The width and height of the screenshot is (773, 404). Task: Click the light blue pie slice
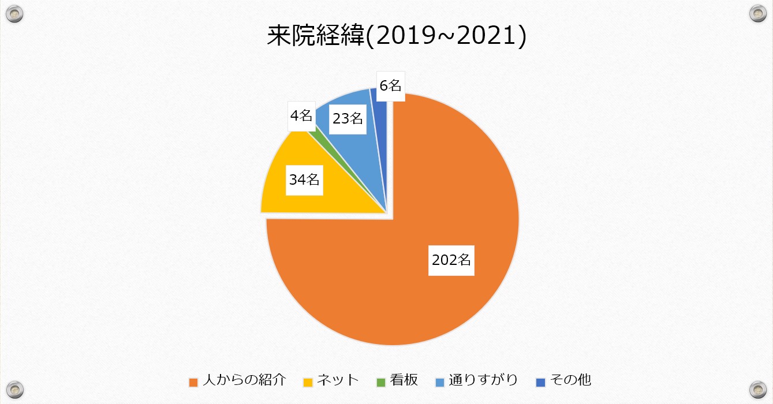(x=369, y=144)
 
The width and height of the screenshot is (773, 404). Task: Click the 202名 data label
(x=451, y=260)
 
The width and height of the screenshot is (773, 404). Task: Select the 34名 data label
(x=304, y=179)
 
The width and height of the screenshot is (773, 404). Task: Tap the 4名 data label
(x=301, y=115)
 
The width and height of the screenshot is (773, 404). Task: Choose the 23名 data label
(x=348, y=119)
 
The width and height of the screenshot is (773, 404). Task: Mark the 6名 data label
(x=390, y=85)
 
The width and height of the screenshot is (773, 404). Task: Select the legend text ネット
(x=338, y=380)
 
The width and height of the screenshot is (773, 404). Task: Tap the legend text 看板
(x=404, y=380)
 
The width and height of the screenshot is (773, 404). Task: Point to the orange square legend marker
(x=194, y=381)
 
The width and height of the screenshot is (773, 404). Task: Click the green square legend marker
(x=380, y=381)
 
